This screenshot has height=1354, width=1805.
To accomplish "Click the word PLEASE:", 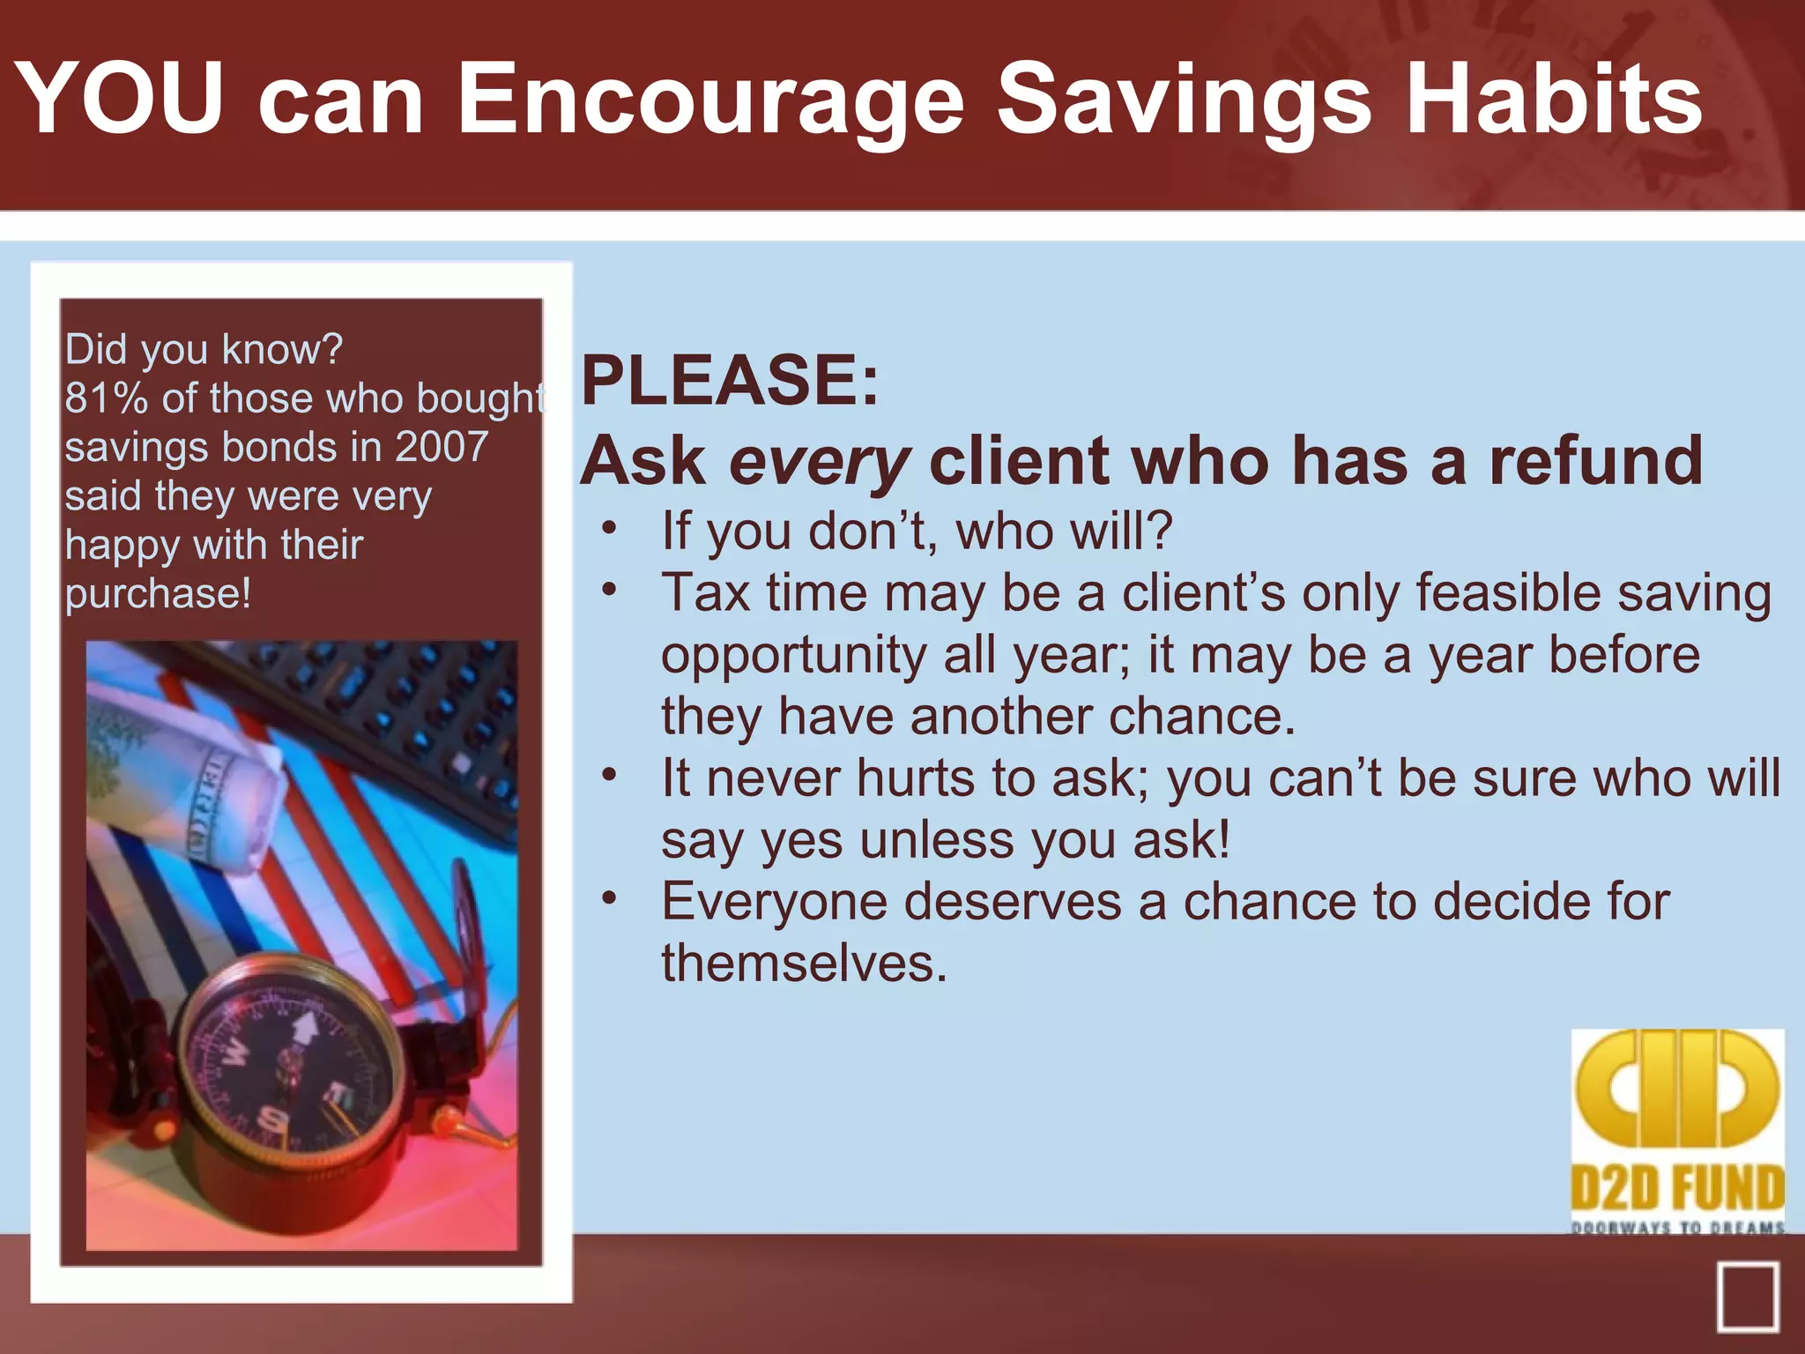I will pos(730,380).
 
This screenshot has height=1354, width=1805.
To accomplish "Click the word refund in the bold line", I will pos(1595,460).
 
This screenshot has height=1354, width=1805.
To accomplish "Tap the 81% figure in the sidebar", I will pos(106,398).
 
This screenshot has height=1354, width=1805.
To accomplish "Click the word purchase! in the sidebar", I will pos(159,593).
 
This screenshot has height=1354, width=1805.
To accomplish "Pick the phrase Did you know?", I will pos(204,349).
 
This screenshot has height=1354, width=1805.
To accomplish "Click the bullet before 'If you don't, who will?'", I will pos(609,529).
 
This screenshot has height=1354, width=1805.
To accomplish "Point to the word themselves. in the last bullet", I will pos(804,963).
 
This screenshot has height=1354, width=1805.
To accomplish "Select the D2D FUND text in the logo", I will pos(1677,1188).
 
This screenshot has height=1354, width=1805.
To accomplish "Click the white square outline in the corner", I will pos(1747,1297).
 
